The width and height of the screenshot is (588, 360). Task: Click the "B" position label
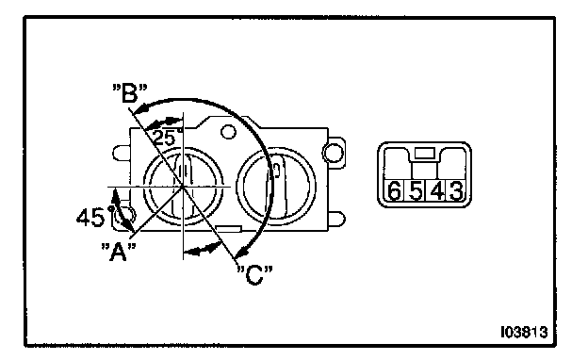130,93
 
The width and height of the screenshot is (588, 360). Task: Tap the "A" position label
118,252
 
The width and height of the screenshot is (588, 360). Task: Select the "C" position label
255,275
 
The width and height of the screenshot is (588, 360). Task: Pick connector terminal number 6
394,190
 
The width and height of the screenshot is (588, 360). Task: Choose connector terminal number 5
416,190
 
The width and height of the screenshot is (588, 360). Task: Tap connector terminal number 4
437,190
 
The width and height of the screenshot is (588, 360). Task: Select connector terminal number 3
456,190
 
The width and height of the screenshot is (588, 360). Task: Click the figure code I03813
524,332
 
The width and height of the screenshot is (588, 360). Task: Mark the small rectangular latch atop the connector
425,153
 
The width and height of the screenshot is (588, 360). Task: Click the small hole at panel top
228,132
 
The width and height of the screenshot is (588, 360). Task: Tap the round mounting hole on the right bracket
333,153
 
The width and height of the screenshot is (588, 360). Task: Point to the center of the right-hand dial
276,187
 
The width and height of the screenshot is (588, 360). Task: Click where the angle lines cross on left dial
183,186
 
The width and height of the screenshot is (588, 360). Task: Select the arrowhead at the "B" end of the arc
140,108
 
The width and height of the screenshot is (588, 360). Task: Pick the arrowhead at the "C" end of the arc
243,251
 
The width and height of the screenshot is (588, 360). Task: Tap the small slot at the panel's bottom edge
228,228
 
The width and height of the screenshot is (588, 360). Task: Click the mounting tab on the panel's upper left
122,153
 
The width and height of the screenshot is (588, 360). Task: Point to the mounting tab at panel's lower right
336,220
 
